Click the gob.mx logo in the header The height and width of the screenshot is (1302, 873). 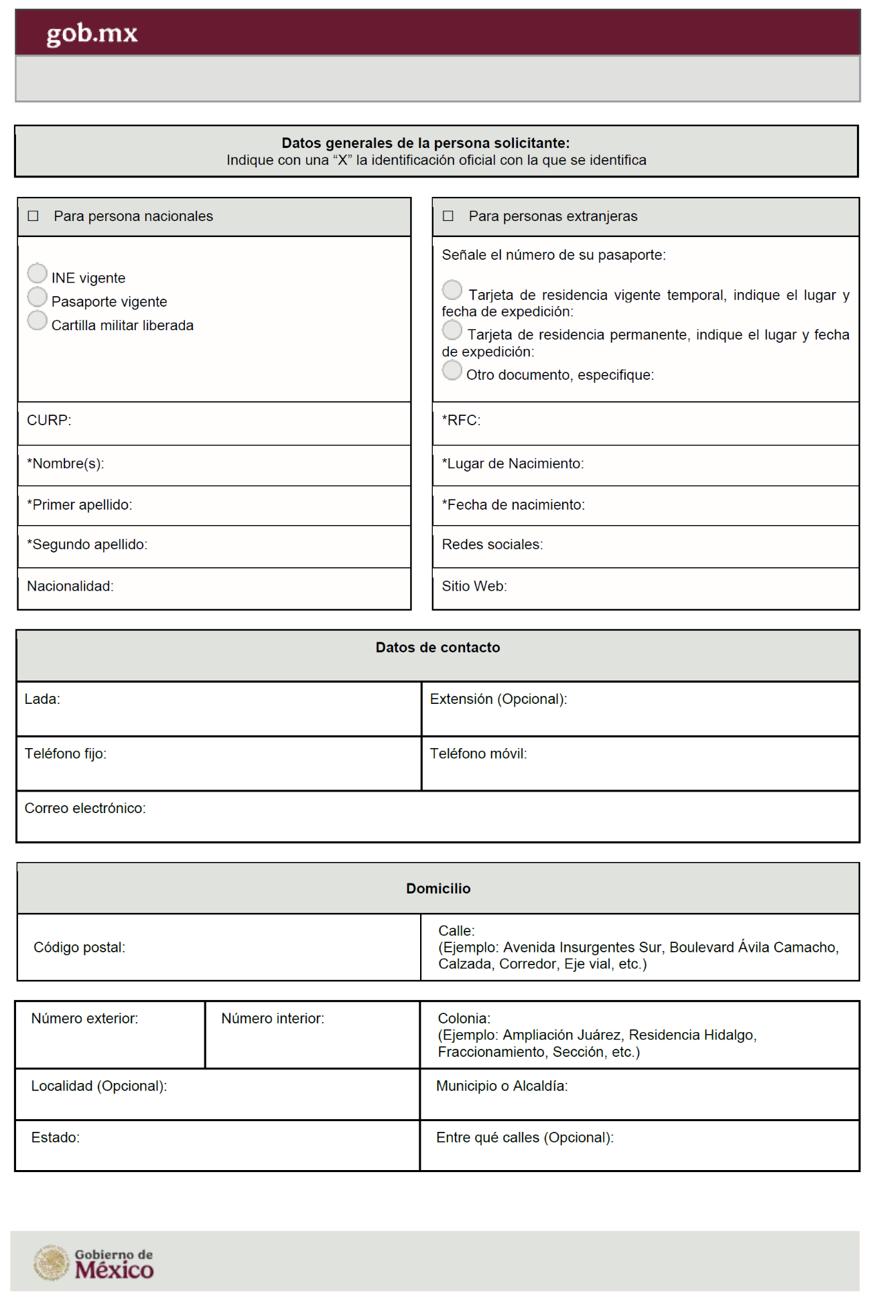click(92, 33)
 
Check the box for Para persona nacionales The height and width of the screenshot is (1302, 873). click(33, 216)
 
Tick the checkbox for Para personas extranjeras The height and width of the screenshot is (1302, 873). click(448, 216)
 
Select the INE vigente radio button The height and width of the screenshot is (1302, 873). click(38, 273)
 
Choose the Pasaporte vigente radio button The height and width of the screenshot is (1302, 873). click(38, 297)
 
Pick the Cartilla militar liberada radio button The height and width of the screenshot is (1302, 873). click(38, 320)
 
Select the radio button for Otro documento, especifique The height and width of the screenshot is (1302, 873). click(452, 370)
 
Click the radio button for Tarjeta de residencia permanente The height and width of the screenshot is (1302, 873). click(452, 330)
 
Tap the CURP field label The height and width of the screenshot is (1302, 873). click(49, 421)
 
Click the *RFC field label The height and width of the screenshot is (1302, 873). click(461, 421)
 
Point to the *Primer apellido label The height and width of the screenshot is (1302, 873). click(80, 505)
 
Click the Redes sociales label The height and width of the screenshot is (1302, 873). click(492, 545)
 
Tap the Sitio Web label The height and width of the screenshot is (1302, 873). click(474, 587)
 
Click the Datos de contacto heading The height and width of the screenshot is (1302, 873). click(438, 648)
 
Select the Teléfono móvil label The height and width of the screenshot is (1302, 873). click(478, 754)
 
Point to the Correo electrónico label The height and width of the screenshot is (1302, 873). click(85, 808)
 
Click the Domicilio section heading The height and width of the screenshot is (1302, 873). click(438, 889)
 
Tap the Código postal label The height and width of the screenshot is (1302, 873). click(79, 948)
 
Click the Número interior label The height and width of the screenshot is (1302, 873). click(273, 1019)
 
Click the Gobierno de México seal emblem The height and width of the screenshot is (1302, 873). click(52, 1263)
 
